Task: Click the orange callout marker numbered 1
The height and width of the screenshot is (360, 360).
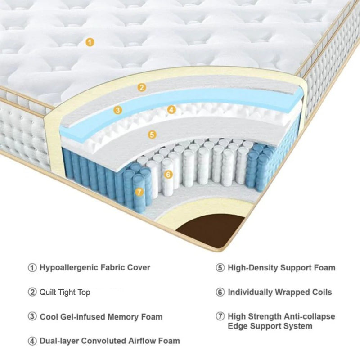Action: [90, 43]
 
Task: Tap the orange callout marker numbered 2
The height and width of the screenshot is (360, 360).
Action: [142, 87]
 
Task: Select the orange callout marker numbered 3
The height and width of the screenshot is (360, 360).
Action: [117, 110]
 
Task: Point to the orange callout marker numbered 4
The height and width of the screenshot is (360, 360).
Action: [171, 109]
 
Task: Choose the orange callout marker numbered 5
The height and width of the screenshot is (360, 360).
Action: [152, 134]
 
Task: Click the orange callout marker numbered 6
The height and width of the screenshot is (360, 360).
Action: [168, 174]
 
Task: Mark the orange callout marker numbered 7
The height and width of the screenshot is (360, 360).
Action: [139, 192]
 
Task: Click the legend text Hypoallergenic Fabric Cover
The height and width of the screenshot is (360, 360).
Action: [95, 267]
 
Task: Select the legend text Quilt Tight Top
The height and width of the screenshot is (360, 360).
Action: [65, 292]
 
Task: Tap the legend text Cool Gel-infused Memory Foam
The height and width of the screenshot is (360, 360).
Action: [101, 316]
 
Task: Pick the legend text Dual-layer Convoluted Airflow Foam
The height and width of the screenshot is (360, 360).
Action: [109, 341]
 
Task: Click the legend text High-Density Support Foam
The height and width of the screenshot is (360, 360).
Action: [281, 268]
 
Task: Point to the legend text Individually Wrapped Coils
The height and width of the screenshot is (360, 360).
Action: [279, 292]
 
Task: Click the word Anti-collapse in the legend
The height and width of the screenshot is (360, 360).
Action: [310, 316]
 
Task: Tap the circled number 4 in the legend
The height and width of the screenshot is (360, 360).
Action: [32, 341]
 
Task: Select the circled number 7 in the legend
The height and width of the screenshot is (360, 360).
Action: [220, 316]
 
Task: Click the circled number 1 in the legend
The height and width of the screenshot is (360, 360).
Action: [32, 267]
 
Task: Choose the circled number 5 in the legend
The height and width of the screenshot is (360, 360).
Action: [220, 268]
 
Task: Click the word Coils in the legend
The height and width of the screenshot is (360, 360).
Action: [320, 292]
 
